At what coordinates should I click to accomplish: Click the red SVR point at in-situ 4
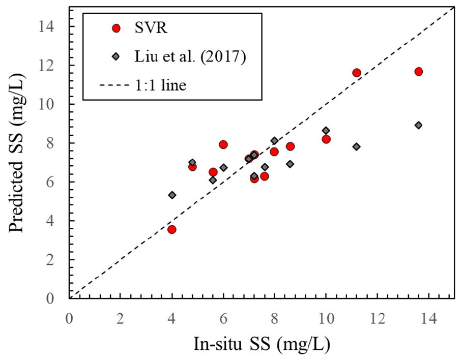point(172,229)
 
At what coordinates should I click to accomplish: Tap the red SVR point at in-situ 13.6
point(418,72)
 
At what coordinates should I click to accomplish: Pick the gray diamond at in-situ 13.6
point(418,125)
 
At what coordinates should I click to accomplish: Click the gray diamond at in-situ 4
point(172,195)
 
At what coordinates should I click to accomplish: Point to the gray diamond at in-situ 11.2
point(357,146)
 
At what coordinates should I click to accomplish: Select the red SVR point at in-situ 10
point(326,139)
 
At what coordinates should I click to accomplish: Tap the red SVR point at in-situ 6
point(223,144)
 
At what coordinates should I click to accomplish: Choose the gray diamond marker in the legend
point(115,57)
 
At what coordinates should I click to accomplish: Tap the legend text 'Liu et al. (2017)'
point(192,57)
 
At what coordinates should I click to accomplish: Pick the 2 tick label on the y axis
point(56,260)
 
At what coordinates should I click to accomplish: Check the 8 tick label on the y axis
point(56,143)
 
